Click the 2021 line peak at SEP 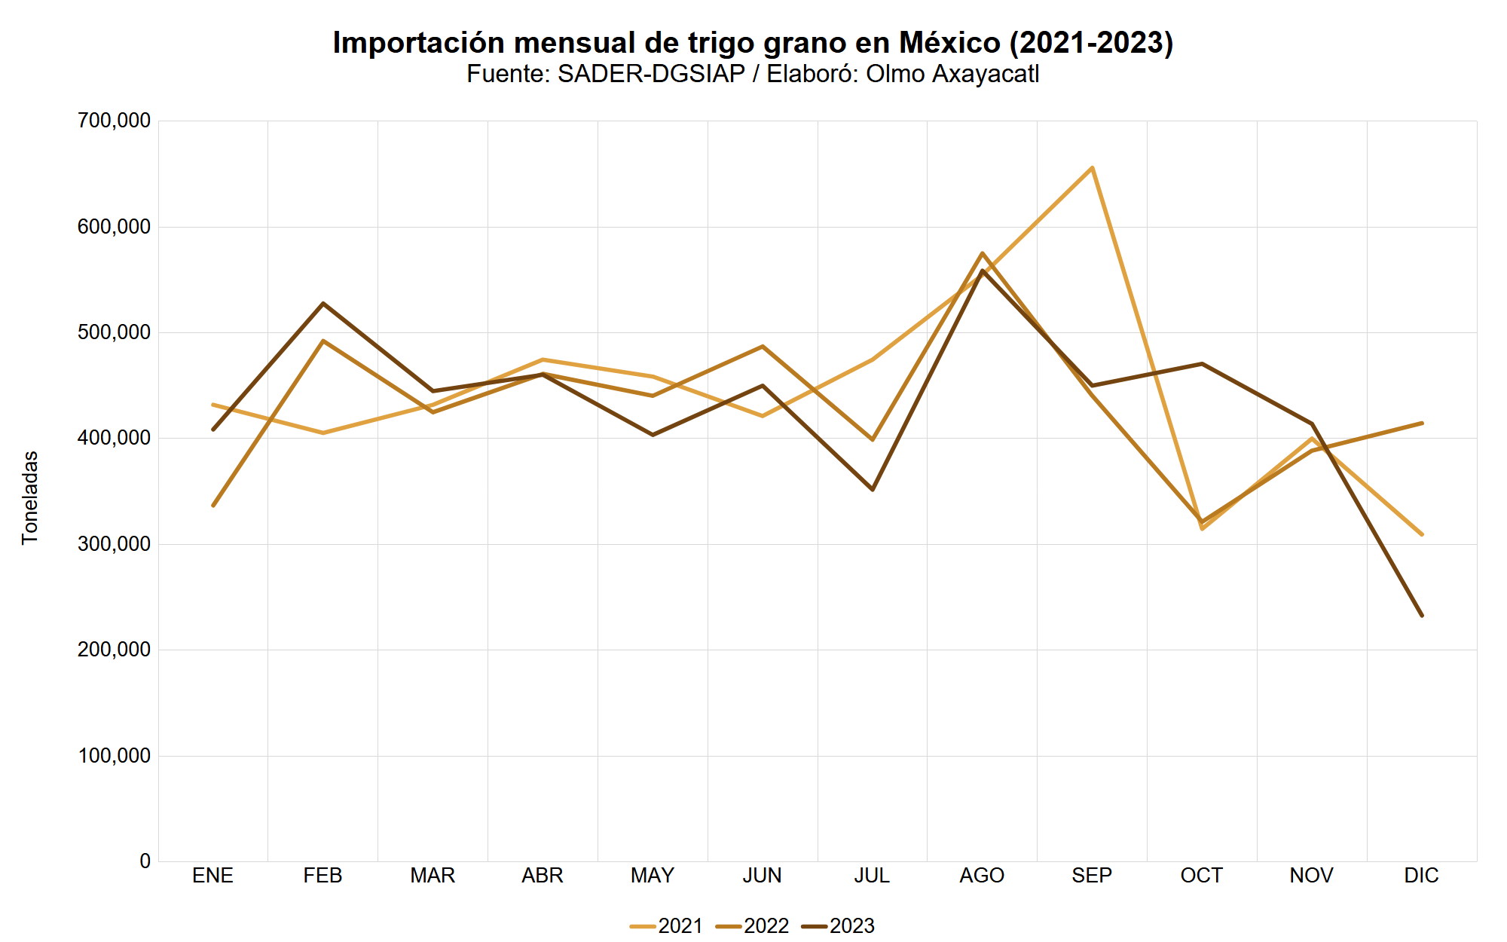pos(1092,167)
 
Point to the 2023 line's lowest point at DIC pos(1421,616)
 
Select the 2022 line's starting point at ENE pos(213,505)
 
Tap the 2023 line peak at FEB pos(323,304)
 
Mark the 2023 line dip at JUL pos(873,490)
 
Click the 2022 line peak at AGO pos(983,253)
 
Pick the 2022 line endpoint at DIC pos(1421,423)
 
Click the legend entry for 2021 pos(666,925)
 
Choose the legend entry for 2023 pos(838,925)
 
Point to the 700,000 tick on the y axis pos(114,121)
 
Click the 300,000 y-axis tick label pos(114,544)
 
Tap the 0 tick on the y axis pos(145,861)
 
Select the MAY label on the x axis pos(653,876)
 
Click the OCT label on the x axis pos(1202,876)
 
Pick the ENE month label pos(213,876)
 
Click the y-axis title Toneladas pos(30,497)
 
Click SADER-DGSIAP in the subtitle pos(651,74)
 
